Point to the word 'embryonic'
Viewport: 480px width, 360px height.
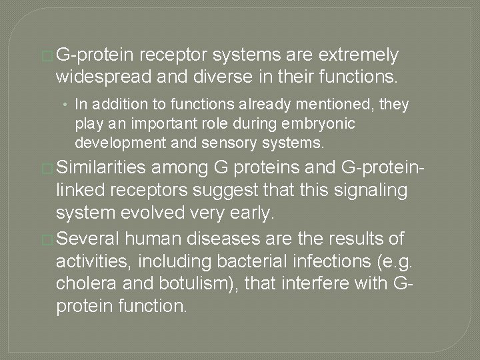coord(312,124)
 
